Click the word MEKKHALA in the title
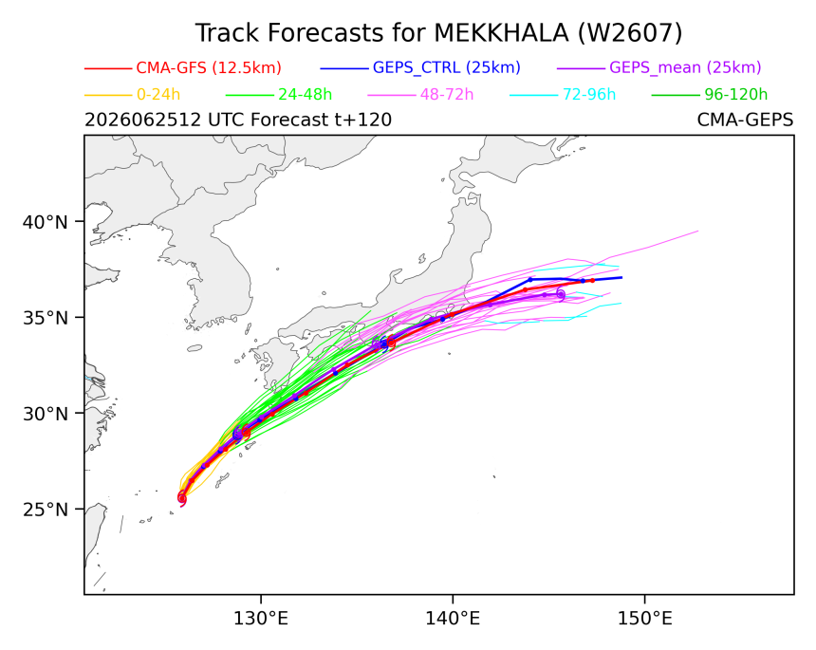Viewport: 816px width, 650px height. (x=501, y=33)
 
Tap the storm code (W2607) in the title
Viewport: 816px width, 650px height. (x=630, y=33)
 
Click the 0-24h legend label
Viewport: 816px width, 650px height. (x=158, y=95)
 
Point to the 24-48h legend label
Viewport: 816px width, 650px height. (x=305, y=95)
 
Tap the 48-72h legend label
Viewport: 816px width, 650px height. (x=447, y=95)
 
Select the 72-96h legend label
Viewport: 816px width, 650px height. (x=589, y=95)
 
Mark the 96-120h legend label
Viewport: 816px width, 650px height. (x=736, y=95)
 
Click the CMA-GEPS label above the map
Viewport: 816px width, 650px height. (x=745, y=121)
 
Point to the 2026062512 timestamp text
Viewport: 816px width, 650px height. (x=142, y=121)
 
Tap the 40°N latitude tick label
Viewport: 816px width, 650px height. (x=46, y=223)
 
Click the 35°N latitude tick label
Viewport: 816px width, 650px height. (x=46, y=318)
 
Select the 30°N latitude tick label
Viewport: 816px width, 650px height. (x=46, y=415)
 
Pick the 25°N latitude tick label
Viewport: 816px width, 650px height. (x=46, y=510)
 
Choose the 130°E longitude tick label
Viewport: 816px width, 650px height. (x=261, y=619)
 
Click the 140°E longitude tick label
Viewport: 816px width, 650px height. (x=453, y=619)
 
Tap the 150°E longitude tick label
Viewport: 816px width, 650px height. (x=645, y=619)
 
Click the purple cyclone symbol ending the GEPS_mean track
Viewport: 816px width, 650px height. (x=561, y=293)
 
